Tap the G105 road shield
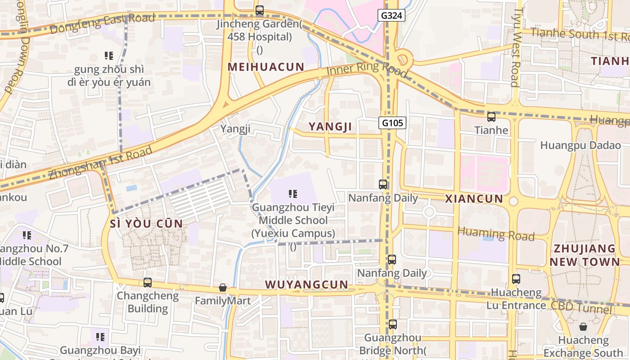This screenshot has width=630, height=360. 392,123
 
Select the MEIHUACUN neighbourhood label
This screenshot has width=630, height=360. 266,67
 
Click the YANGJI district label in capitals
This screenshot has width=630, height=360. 330,127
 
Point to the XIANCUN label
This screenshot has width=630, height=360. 474,199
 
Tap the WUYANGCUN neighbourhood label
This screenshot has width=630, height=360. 306,284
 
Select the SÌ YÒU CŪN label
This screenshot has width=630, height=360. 147,224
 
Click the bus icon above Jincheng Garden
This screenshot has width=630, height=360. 260,10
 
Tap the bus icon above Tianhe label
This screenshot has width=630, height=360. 491,117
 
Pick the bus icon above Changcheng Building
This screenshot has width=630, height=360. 148,283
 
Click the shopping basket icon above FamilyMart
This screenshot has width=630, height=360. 222,288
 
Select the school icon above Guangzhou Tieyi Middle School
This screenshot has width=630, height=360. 293,194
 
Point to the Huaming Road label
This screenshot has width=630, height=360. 496,234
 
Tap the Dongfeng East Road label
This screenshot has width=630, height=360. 103,24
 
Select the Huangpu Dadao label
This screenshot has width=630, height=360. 580,145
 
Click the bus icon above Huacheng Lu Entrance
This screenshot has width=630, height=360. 516,279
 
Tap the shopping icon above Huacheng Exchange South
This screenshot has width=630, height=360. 583,327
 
